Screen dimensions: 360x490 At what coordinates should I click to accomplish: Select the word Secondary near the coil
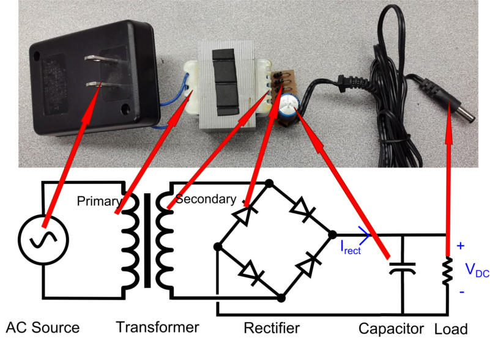[204, 199]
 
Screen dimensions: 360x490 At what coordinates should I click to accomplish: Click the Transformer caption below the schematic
[157, 327]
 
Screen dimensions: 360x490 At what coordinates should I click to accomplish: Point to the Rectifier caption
[272, 328]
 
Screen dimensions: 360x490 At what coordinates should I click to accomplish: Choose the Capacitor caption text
[392, 329]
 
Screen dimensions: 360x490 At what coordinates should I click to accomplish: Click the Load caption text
[451, 329]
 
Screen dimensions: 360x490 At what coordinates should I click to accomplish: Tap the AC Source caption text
[43, 328]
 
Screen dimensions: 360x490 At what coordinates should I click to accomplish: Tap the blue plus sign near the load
[461, 246]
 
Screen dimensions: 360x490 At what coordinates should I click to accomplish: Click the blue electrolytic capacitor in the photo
[287, 104]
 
